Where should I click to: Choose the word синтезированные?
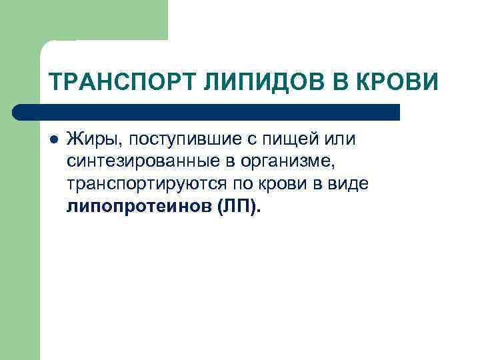coord(143,162)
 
